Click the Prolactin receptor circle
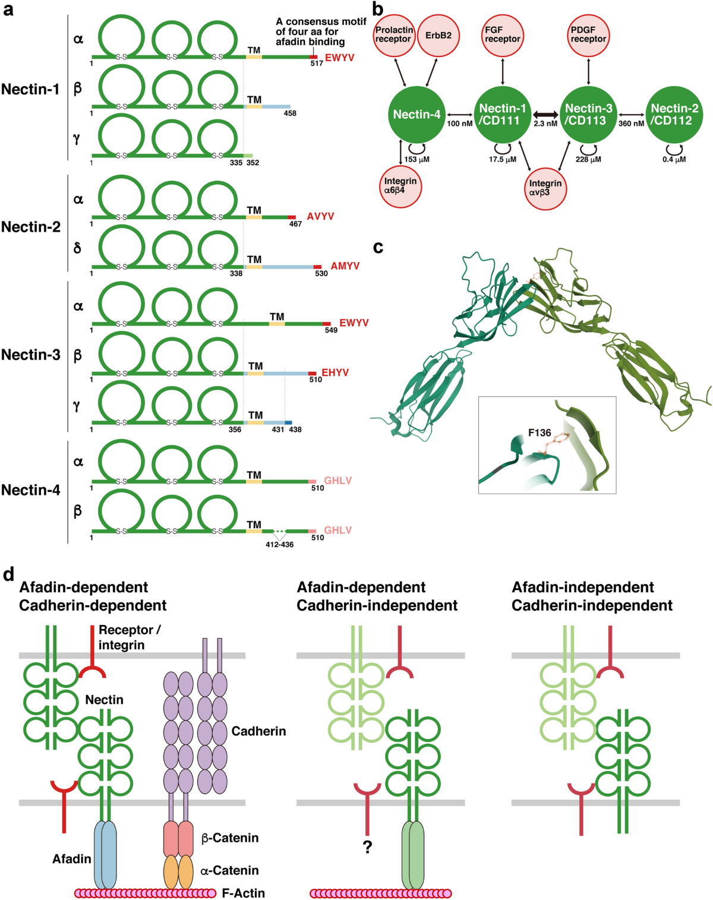tap(394, 35)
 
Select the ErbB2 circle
tap(438, 36)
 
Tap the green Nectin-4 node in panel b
tap(417, 115)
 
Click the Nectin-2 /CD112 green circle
tap(674, 115)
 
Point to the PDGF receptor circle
tap(588, 35)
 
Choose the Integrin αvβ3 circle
tap(545, 188)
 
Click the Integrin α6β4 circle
tap(400, 185)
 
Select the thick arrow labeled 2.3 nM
tap(545, 114)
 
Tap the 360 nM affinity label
tap(631, 124)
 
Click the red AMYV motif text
tap(345, 266)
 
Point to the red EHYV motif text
tap(335, 372)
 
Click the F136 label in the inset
tap(540, 433)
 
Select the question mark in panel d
tap(367, 847)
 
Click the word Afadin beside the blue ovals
tap(72, 859)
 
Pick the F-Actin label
tap(244, 893)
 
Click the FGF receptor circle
tap(503, 35)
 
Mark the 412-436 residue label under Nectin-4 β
tap(279, 544)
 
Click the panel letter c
tap(378, 247)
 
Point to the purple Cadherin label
tap(258, 731)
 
